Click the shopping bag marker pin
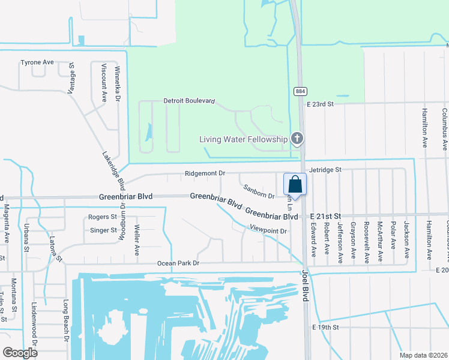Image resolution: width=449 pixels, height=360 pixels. [295, 184]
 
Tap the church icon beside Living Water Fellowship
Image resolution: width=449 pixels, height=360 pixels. [297, 139]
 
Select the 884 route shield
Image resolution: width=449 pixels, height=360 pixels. [300, 91]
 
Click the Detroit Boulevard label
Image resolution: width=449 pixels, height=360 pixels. [189, 101]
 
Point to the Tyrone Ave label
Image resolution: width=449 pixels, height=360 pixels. [37, 62]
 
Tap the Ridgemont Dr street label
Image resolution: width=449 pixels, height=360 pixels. [205, 173]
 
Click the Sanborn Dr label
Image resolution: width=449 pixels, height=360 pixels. [259, 192]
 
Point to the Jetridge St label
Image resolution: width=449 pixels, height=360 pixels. [324, 170]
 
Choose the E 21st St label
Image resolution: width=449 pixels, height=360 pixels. [325, 216]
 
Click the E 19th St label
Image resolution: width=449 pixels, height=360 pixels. [326, 327]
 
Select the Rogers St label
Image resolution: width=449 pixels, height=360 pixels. [102, 217]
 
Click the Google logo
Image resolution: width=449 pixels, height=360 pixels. [20, 353]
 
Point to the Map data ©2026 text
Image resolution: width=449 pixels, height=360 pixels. [423, 355]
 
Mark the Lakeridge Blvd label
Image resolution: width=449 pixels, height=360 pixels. [113, 170]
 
